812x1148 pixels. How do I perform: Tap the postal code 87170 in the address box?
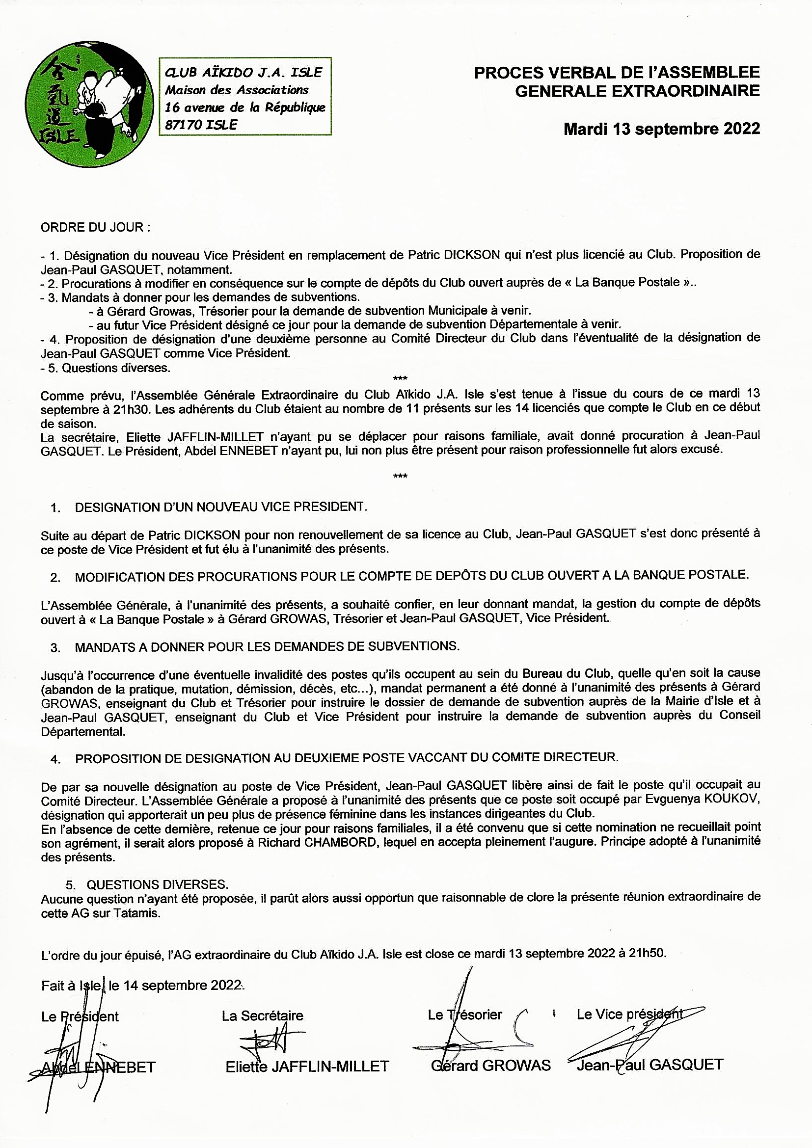(x=183, y=125)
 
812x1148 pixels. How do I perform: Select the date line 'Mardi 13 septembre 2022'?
(x=661, y=129)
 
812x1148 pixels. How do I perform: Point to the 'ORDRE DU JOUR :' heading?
(x=96, y=228)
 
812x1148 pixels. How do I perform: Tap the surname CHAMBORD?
(x=340, y=842)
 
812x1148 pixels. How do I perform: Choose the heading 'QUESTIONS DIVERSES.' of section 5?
(x=158, y=884)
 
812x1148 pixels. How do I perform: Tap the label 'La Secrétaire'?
(x=263, y=1015)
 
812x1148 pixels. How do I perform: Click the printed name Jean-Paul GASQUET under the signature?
(x=650, y=1065)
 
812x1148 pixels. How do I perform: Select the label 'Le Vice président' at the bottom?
(x=629, y=1014)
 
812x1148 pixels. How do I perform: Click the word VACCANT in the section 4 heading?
(x=433, y=757)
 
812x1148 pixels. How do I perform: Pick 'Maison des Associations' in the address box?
(x=237, y=90)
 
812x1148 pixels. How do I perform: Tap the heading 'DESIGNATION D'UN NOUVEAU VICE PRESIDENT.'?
(x=220, y=507)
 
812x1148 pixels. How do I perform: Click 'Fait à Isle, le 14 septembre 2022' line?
(x=142, y=985)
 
